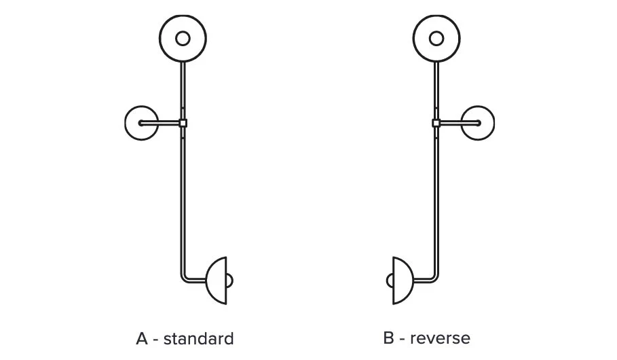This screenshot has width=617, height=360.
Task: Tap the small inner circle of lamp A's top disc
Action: pos(183,38)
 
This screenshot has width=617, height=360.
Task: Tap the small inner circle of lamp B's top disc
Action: pos(436,38)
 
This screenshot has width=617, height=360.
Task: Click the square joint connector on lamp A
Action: pos(183,123)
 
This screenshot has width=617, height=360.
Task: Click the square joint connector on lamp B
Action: pos(436,123)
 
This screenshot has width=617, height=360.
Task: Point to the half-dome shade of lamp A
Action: pos(217,279)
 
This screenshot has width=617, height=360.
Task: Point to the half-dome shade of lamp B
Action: pos(403,279)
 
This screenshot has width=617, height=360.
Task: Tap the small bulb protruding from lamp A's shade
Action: pos(231,279)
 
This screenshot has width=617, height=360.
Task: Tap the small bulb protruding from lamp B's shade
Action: pos(390,279)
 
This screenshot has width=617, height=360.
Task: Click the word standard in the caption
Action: pos(198,338)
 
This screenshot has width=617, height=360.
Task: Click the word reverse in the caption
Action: pos(440,338)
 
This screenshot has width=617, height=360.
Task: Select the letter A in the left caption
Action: pos(142,338)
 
